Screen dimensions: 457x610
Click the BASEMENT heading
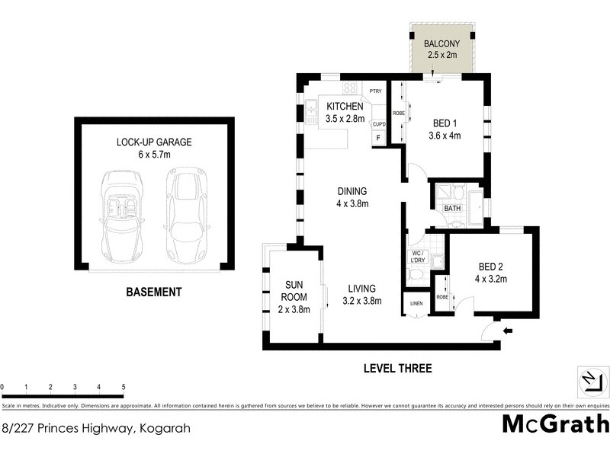[x=154, y=292]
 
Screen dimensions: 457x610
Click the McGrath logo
[x=556, y=424]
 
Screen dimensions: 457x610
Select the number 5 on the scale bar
[x=124, y=388]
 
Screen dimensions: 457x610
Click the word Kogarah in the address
[x=163, y=428]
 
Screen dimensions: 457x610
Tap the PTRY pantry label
[x=374, y=91]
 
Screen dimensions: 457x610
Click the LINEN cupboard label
[x=416, y=304]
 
